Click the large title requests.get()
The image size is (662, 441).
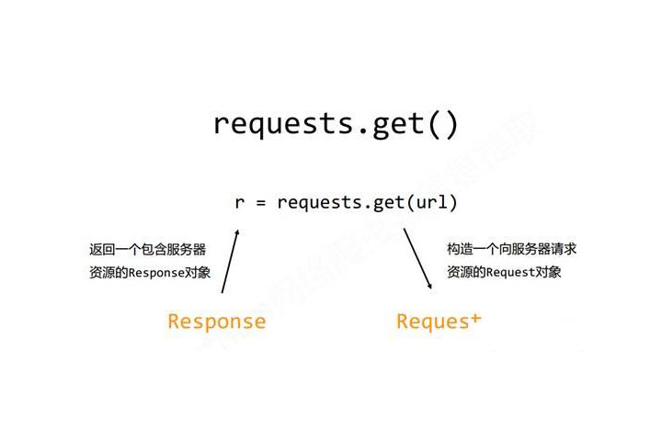[x=335, y=123]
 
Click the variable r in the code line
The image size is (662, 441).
[x=240, y=201]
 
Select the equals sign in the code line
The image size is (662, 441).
[x=261, y=201]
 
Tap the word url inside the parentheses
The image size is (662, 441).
[x=431, y=201]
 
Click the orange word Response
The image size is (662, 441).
[x=216, y=322]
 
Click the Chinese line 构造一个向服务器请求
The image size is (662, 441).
[x=512, y=249]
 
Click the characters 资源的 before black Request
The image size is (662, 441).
[x=466, y=272]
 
